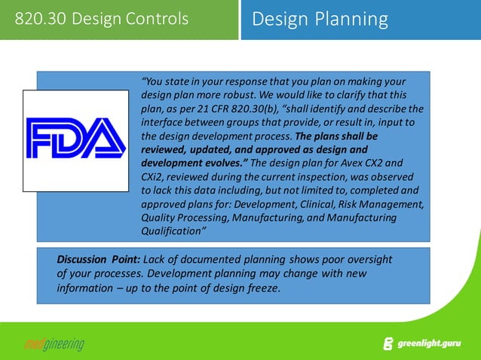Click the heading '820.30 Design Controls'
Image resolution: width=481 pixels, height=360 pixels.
102,19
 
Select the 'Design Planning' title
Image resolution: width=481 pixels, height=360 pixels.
320,19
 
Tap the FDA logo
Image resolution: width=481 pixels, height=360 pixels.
75,139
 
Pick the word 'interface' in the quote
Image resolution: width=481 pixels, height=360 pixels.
162,122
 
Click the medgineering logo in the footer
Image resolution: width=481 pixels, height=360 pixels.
52,344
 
